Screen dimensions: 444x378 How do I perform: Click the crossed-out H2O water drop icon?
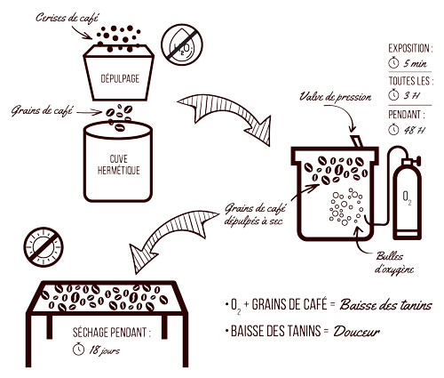pos(182,44)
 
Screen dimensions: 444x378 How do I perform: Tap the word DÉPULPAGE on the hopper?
pos(120,79)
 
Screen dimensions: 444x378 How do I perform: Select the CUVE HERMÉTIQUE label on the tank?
pos(118,165)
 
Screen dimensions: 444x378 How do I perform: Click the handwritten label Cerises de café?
pos(67,18)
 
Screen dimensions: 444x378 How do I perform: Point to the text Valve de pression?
pos(336,97)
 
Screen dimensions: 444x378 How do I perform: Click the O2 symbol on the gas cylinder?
pos(408,198)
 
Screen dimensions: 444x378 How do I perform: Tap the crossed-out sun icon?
pos(44,247)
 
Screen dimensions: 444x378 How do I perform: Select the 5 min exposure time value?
pos(415,63)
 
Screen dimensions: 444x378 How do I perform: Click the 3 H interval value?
pos(412,95)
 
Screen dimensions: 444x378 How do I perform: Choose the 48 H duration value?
pos(414,130)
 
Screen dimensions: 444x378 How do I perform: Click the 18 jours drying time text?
pos(104,350)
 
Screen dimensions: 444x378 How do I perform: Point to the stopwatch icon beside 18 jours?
pos(78,349)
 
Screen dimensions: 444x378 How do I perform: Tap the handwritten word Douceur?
pos(356,332)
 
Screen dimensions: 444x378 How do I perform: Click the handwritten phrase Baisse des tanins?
pos(385,305)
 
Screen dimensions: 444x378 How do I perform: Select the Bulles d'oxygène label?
pos(394,263)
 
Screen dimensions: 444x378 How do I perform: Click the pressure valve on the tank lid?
pos(356,141)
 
